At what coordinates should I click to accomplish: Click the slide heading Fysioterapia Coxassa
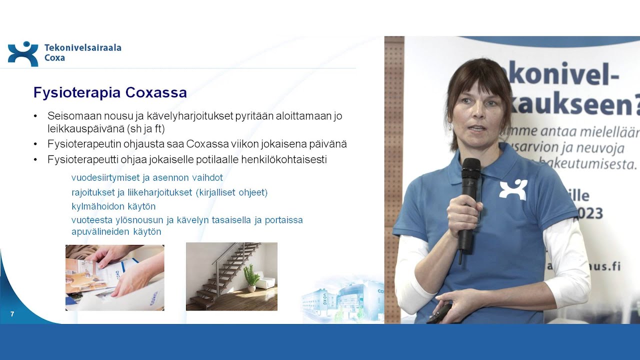click(x=110, y=92)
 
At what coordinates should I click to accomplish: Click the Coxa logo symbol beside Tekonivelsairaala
click(x=22, y=53)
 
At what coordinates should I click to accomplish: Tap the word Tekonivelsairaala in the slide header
click(x=82, y=48)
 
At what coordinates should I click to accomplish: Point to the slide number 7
click(x=12, y=314)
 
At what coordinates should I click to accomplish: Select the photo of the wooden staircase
click(x=231, y=276)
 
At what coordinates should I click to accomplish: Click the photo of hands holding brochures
click(x=114, y=277)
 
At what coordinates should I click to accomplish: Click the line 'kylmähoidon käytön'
click(x=113, y=206)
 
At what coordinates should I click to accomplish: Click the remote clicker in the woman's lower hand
click(x=440, y=314)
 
